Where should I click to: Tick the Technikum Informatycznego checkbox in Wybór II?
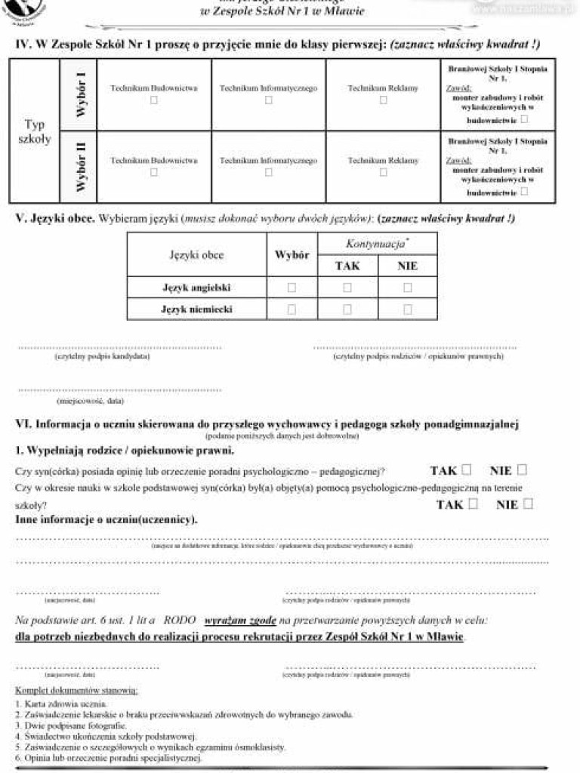pos(268,173)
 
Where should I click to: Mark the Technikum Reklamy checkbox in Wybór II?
pos(383,173)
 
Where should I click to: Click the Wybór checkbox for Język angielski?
pos(292,288)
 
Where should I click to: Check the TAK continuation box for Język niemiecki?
pos(347,309)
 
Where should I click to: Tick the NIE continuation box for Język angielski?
pos(408,288)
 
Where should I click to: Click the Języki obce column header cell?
pos(196,255)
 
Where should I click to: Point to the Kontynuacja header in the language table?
pos(377,244)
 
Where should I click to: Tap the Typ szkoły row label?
pos(34,131)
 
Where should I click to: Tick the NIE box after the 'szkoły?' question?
pos(528,504)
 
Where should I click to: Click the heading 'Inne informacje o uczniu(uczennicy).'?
pos(106,520)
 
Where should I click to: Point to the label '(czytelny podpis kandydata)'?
pos(102,356)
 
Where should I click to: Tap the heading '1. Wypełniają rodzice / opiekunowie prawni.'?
pos(125,451)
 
